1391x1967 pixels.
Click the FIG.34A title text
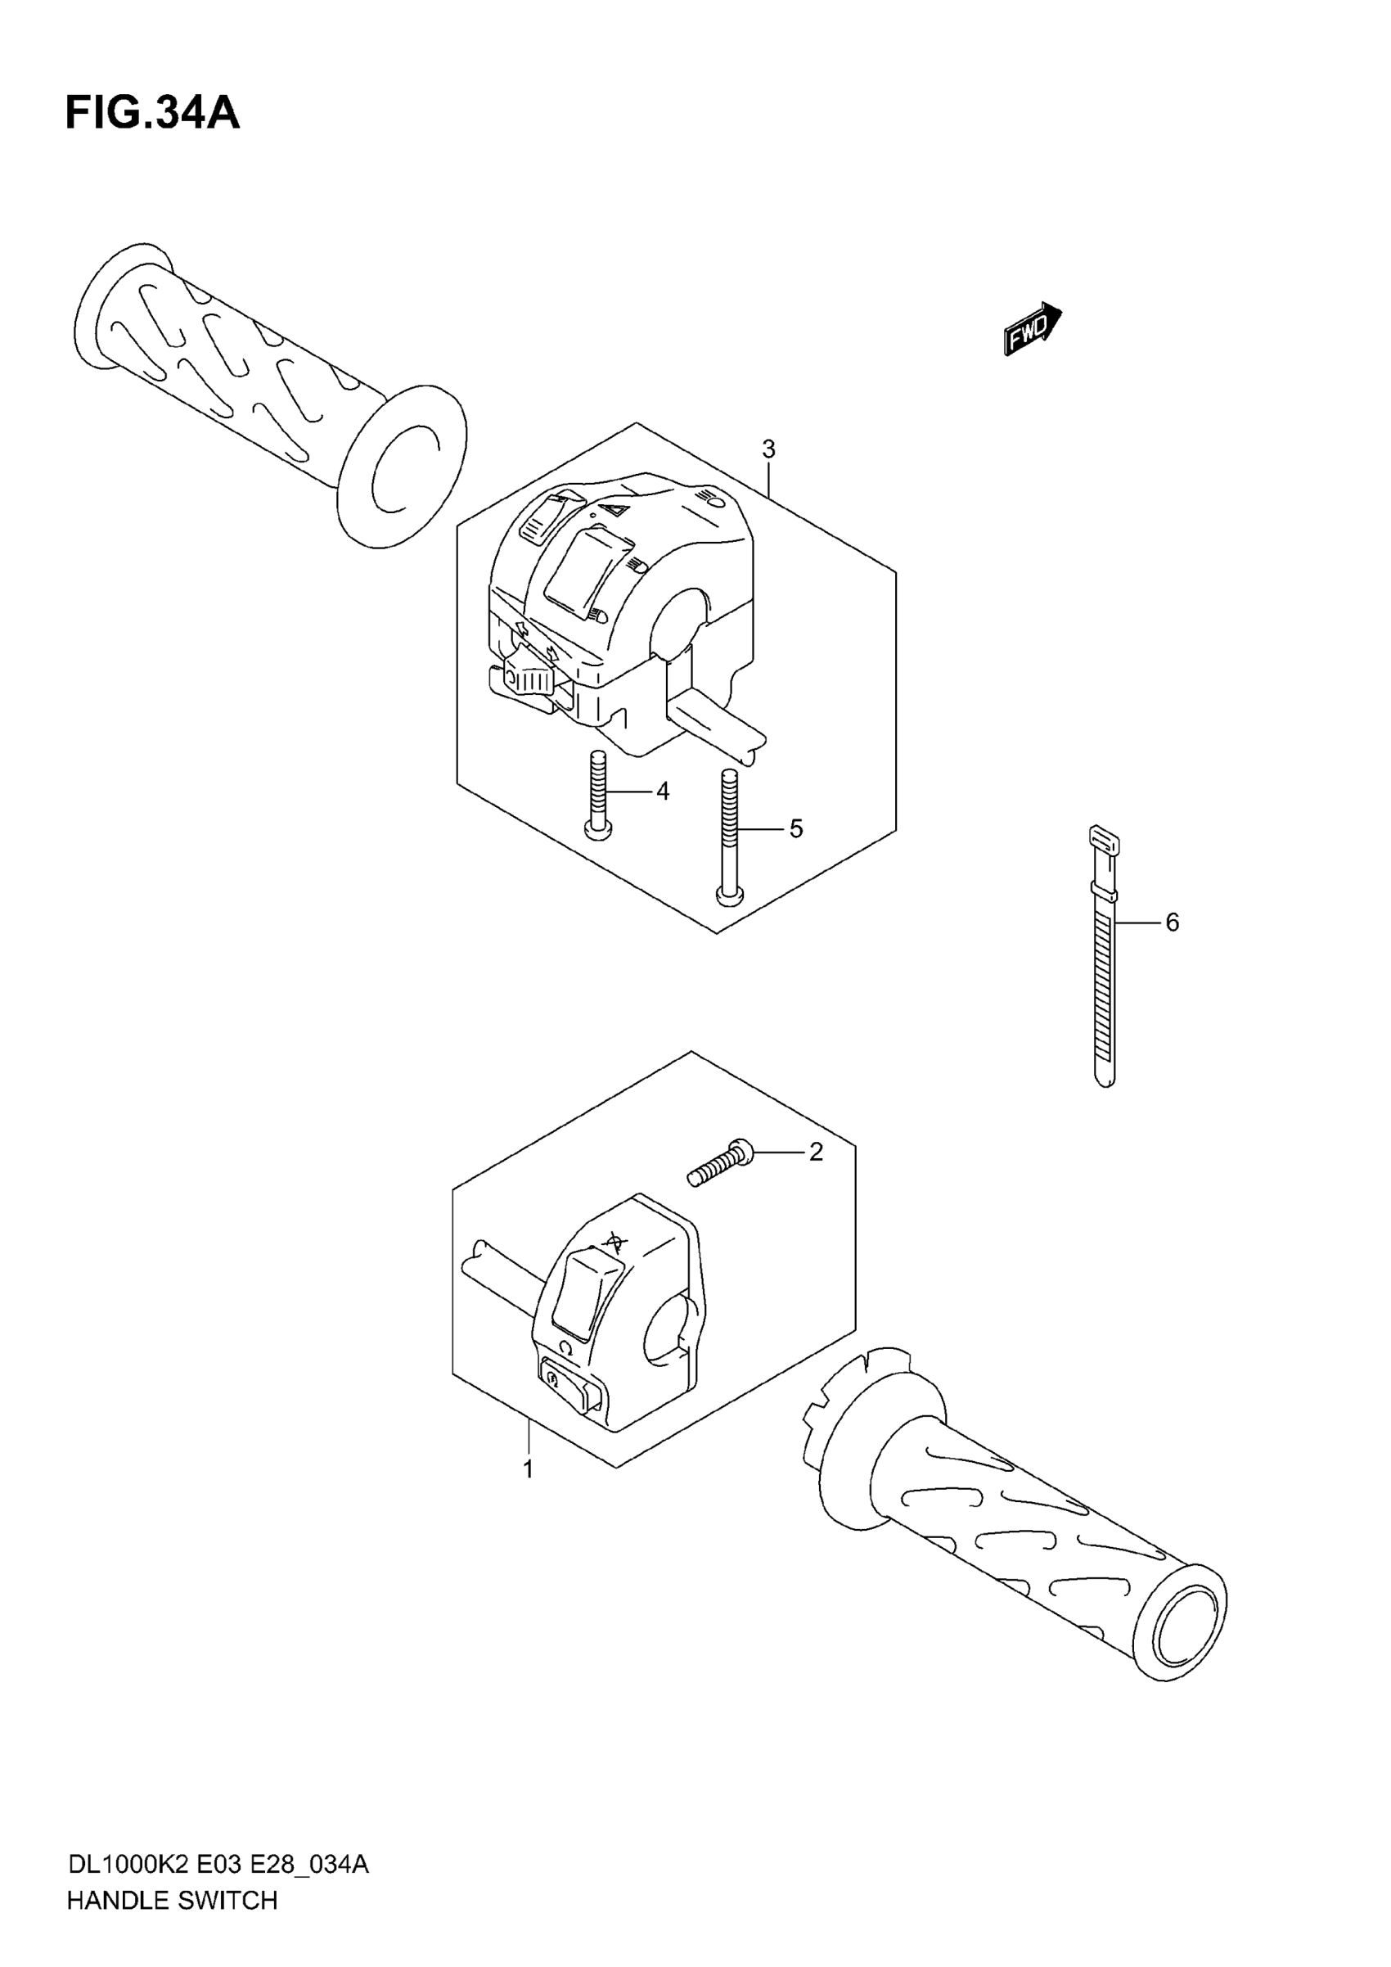pyautogui.click(x=152, y=114)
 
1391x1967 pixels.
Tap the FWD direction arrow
pyautogui.click(x=1032, y=328)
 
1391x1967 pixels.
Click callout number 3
pyautogui.click(x=768, y=449)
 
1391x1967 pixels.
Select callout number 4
pyautogui.click(x=662, y=792)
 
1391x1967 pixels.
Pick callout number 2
pyautogui.click(x=816, y=1153)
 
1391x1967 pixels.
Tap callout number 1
pyautogui.click(x=529, y=1469)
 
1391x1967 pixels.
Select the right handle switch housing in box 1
pyautogui.click(x=617, y=1320)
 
